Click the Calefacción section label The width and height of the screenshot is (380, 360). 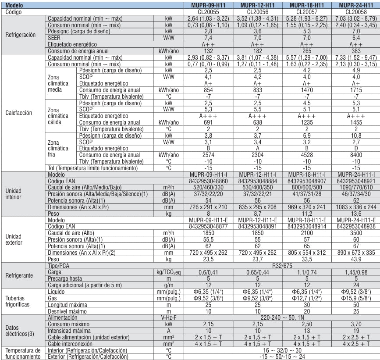coord(18,113)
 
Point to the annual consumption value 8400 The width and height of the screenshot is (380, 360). coord(356,155)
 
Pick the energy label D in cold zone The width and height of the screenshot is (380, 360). coord(356,149)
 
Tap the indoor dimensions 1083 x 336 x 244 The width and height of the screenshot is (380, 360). coord(356,207)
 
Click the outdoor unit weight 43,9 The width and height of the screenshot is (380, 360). coord(356,259)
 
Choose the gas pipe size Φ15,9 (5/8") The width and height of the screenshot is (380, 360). coord(356,298)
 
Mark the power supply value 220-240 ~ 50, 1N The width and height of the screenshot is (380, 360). coord(282,317)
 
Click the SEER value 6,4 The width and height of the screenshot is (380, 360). coord(356,38)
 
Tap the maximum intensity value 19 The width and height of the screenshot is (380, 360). coord(356,330)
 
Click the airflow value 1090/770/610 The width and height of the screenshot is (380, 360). coord(356,187)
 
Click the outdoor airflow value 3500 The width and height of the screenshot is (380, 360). coord(356,233)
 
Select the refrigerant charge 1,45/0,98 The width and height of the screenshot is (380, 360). coord(356,272)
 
